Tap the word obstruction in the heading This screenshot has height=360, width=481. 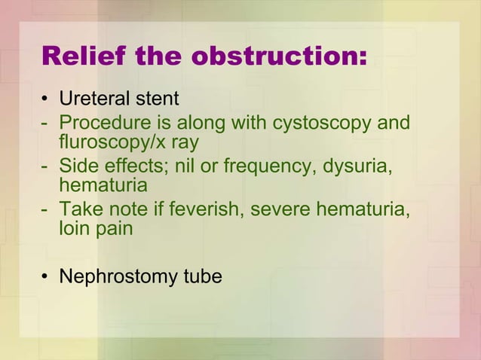[277, 56]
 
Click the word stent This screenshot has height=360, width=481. [156, 99]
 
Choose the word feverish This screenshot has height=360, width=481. [203, 210]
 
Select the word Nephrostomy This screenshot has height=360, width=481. [118, 277]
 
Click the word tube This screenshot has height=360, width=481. [203, 276]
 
